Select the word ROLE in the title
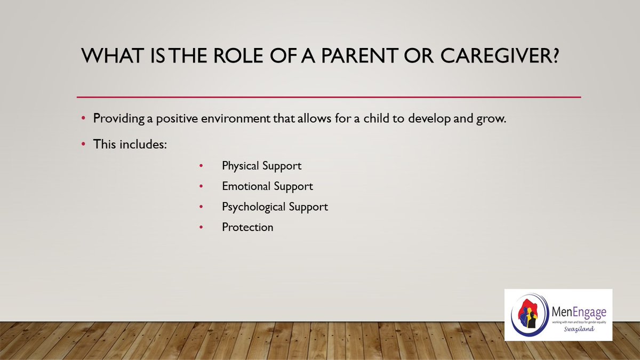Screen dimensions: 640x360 [x=238, y=55]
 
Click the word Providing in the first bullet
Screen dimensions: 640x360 [x=118, y=119]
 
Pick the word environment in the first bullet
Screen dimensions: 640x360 [x=235, y=118]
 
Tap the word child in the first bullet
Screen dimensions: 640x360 [x=377, y=118]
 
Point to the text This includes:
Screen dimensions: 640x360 [x=130, y=144]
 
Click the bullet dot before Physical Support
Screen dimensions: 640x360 [x=201, y=166]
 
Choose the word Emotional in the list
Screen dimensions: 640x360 [x=246, y=186]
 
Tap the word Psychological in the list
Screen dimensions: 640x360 [x=254, y=207]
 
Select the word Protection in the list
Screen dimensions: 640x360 [x=247, y=227]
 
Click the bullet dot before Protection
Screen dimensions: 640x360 [x=201, y=227]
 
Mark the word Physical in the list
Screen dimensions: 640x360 [x=241, y=166]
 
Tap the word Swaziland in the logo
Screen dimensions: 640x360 [x=579, y=329]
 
